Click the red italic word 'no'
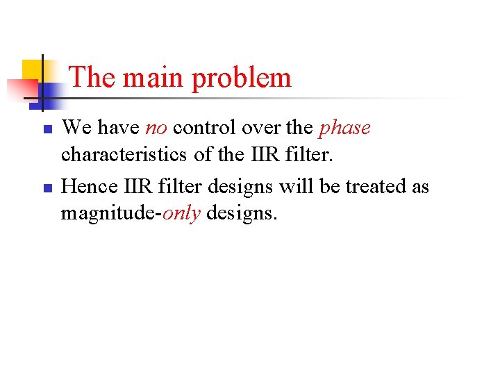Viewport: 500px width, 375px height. point(156,128)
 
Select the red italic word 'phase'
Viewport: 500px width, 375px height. point(344,129)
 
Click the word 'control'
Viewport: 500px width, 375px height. point(203,128)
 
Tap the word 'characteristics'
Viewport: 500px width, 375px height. point(124,154)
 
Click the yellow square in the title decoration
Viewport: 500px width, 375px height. point(32,69)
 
